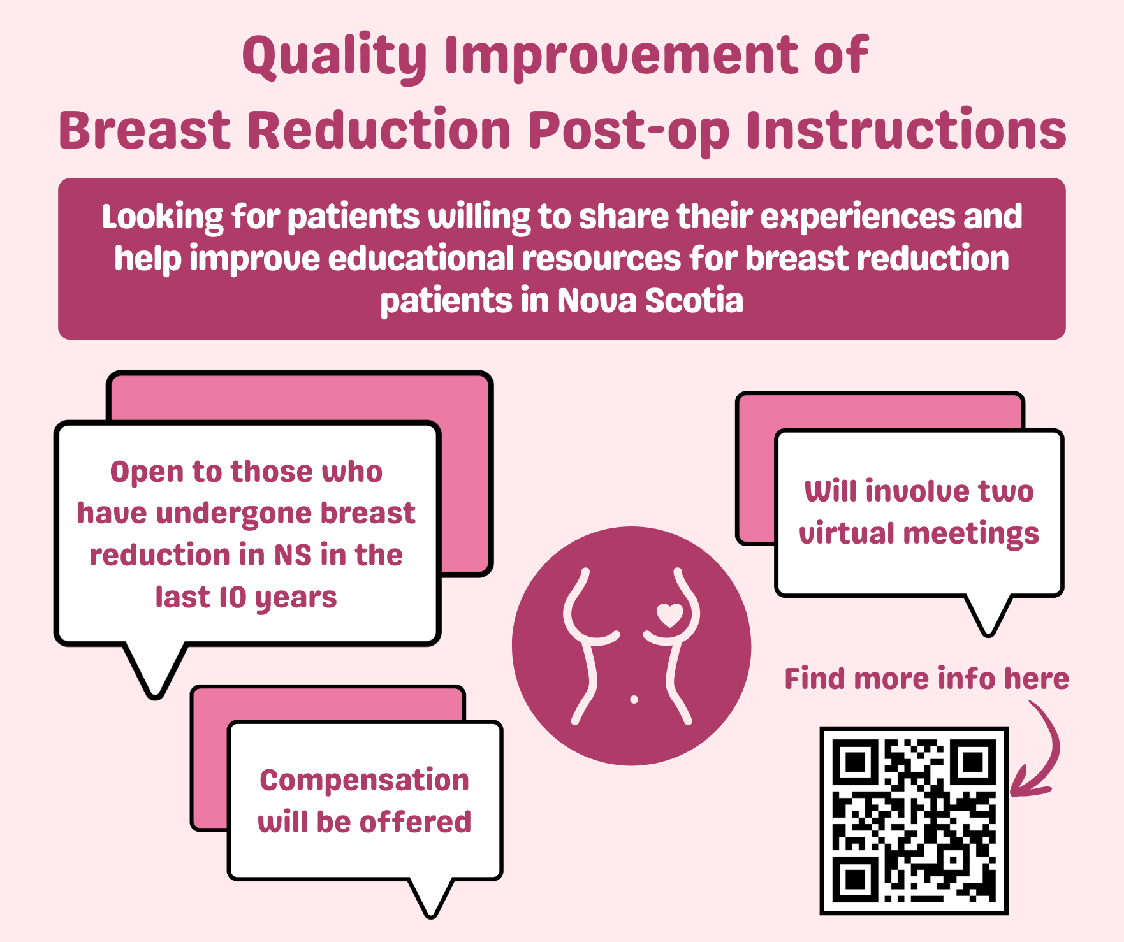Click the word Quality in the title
click(x=335, y=57)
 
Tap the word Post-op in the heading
click(x=629, y=131)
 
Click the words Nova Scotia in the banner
click(x=650, y=300)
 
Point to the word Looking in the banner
click(x=163, y=217)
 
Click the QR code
click(x=914, y=821)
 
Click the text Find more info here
click(x=926, y=678)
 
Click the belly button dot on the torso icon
click(x=634, y=700)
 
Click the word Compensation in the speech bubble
click(x=364, y=781)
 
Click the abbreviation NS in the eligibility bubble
click(x=293, y=556)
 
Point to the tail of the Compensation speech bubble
click(x=431, y=899)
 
